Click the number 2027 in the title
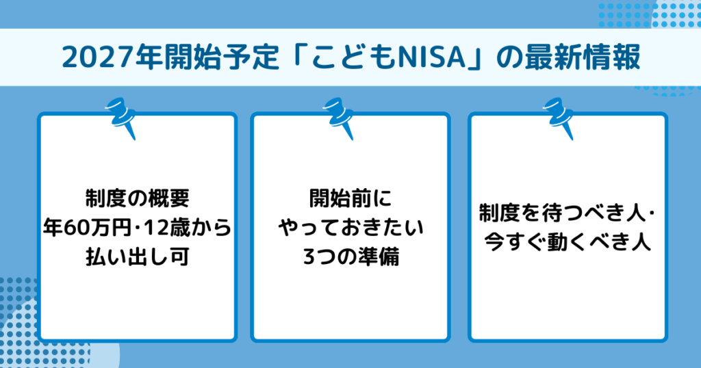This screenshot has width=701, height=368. point(86,58)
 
